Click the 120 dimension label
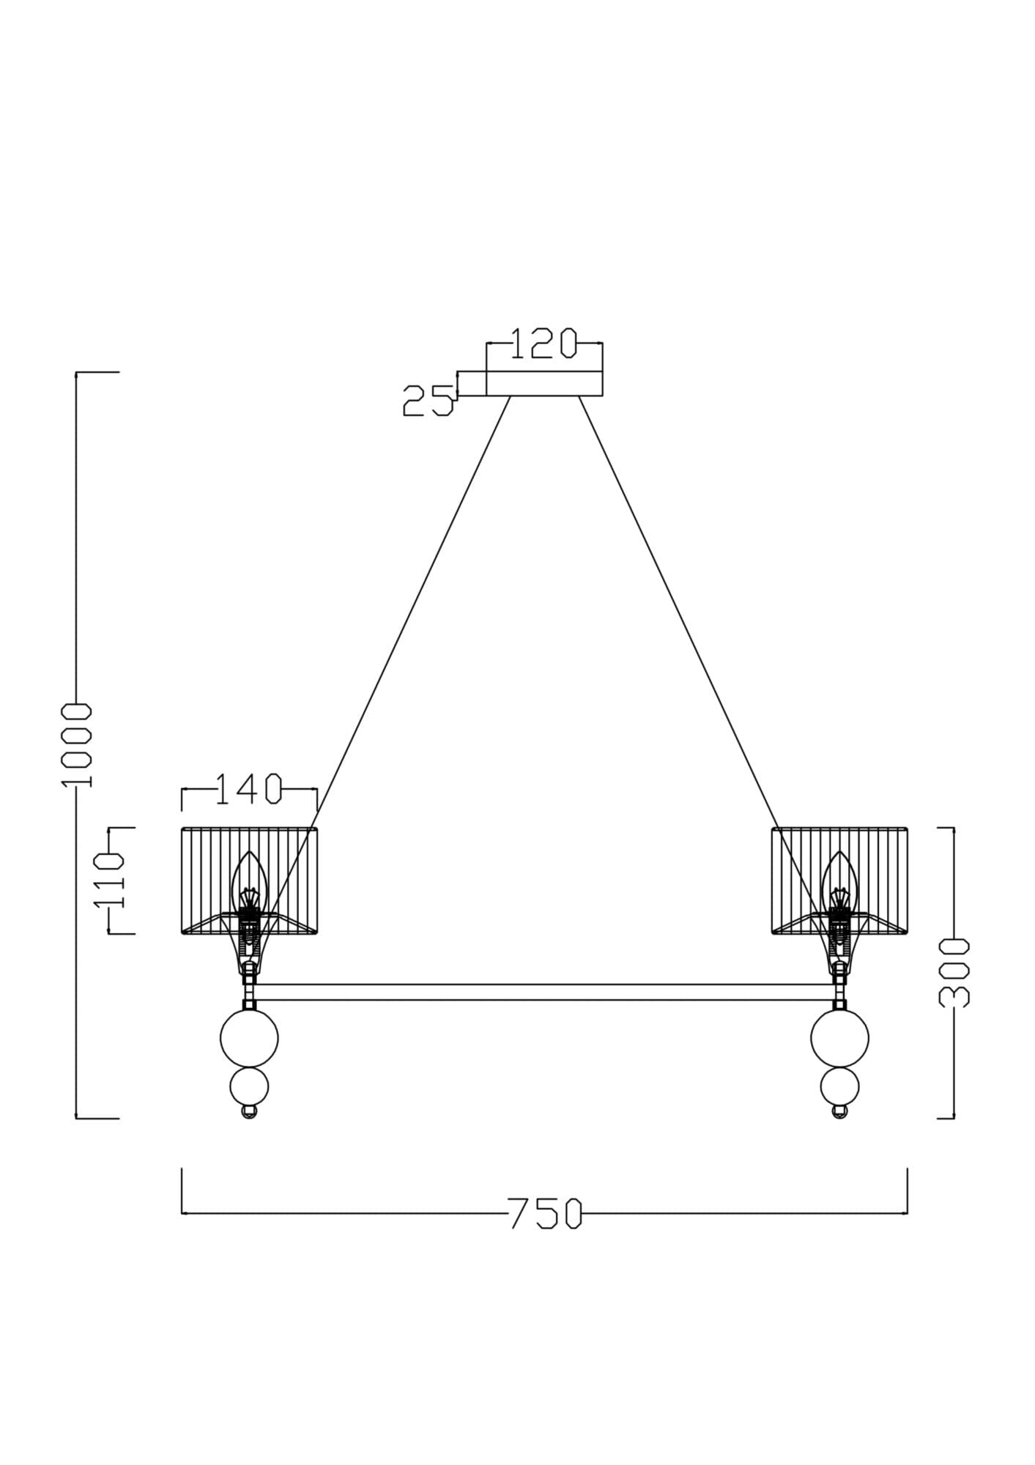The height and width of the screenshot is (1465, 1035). (x=543, y=344)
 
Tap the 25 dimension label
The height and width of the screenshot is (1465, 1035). (x=428, y=401)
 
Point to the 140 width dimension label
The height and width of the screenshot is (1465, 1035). (x=248, y=789)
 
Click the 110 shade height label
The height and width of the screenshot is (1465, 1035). (x=108, y=880)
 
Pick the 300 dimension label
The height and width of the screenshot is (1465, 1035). (x=954, y=972)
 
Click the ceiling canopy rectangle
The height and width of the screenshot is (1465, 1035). (x=544, y=383)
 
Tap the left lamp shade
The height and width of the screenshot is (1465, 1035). (x=249, y=880)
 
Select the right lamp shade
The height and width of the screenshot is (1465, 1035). (x=839, y=880)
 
